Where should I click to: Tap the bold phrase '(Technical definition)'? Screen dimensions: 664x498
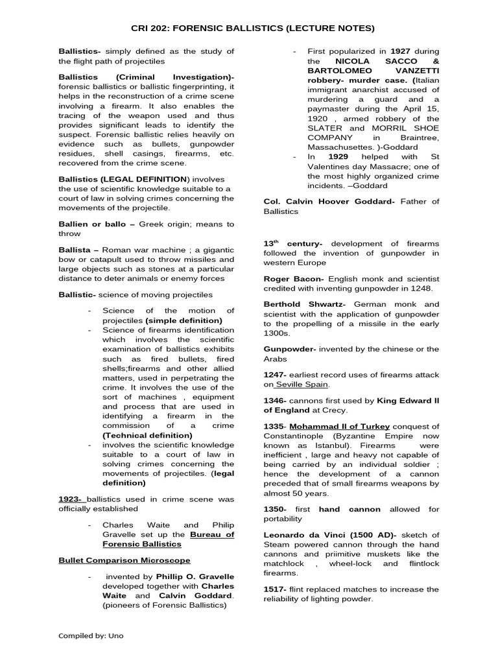(147, 435)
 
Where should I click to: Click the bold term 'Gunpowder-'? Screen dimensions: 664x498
(289, 349)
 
